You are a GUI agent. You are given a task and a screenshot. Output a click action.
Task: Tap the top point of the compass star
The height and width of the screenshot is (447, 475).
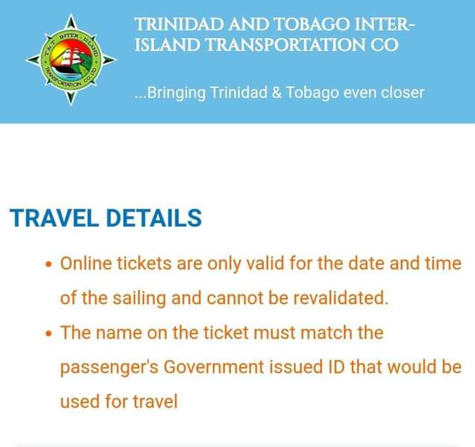coord(71,14)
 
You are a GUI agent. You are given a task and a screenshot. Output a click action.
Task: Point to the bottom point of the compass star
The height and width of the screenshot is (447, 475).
coord(71,104)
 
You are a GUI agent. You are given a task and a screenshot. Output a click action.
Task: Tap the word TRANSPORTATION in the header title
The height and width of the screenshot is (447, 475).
coord(286,45)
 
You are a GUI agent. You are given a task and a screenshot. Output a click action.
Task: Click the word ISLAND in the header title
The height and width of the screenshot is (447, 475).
coord(167,45)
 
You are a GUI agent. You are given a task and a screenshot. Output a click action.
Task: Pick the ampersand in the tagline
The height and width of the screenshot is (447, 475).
coord(277,92)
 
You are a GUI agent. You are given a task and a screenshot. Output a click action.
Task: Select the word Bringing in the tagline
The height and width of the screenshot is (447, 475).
coord(176,93)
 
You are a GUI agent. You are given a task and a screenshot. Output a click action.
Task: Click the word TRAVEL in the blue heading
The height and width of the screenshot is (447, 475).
coord(54,218)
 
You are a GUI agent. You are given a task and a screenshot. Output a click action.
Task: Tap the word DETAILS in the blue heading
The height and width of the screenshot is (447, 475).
coord(154,218)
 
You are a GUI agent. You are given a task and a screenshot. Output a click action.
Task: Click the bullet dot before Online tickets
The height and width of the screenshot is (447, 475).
coord(48,264)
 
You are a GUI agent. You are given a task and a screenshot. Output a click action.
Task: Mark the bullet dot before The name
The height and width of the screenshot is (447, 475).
coord(48,334)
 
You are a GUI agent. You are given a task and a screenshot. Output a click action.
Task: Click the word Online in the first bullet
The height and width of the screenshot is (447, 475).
coord(86,263)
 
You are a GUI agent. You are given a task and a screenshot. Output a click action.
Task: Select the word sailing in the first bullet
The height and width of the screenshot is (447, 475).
coord(139,299)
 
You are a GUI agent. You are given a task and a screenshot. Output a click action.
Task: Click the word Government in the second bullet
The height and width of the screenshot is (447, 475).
coord(214,367)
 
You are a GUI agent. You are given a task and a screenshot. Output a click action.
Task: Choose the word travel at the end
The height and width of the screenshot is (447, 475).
coord(155,402)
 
